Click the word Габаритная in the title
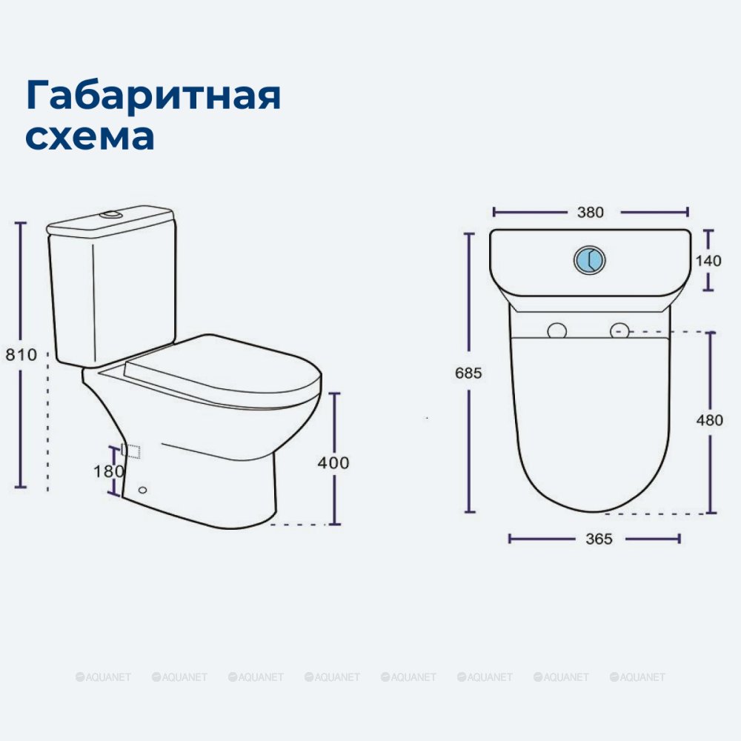153,96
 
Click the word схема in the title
90,136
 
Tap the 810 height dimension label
21,354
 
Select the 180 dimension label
108,471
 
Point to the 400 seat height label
333,462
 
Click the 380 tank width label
591,212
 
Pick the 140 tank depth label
708,260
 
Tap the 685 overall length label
468,373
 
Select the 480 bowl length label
709,419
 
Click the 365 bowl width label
599,539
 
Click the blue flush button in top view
589,259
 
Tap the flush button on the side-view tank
111,215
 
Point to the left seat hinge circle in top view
556,330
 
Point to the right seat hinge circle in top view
619,330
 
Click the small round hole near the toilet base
143,490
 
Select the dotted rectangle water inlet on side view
131,451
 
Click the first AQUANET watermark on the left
103,677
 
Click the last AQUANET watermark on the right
637,677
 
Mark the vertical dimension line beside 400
335,459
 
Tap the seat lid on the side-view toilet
222,368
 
